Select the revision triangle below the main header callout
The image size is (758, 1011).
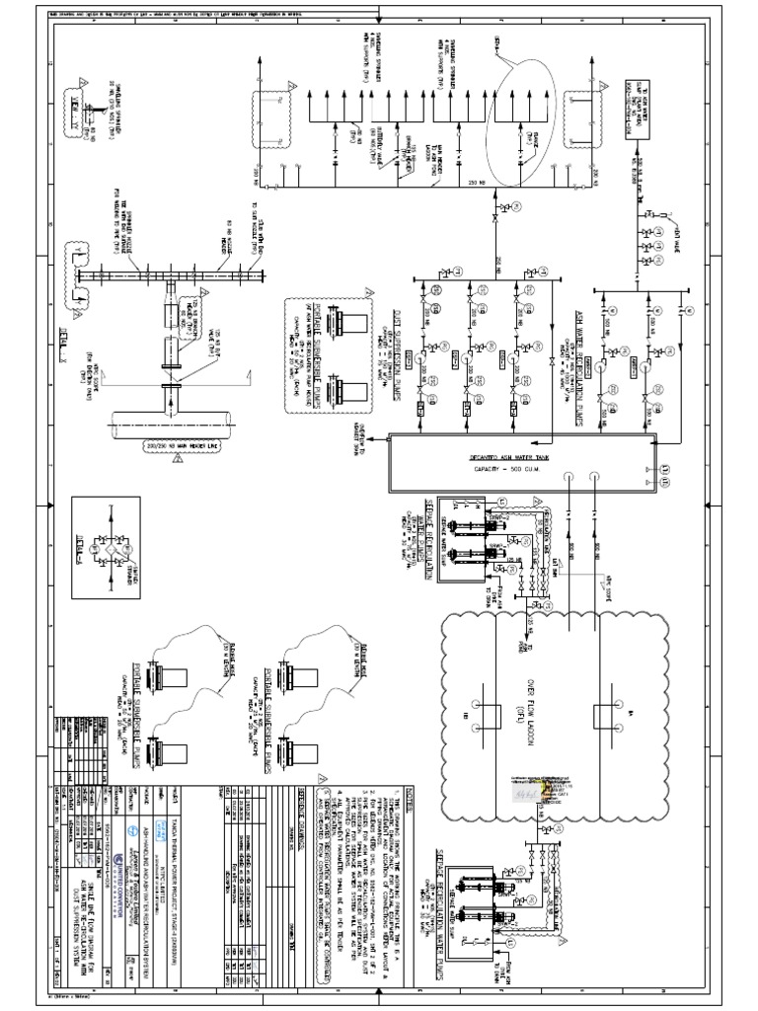point(178,459)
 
